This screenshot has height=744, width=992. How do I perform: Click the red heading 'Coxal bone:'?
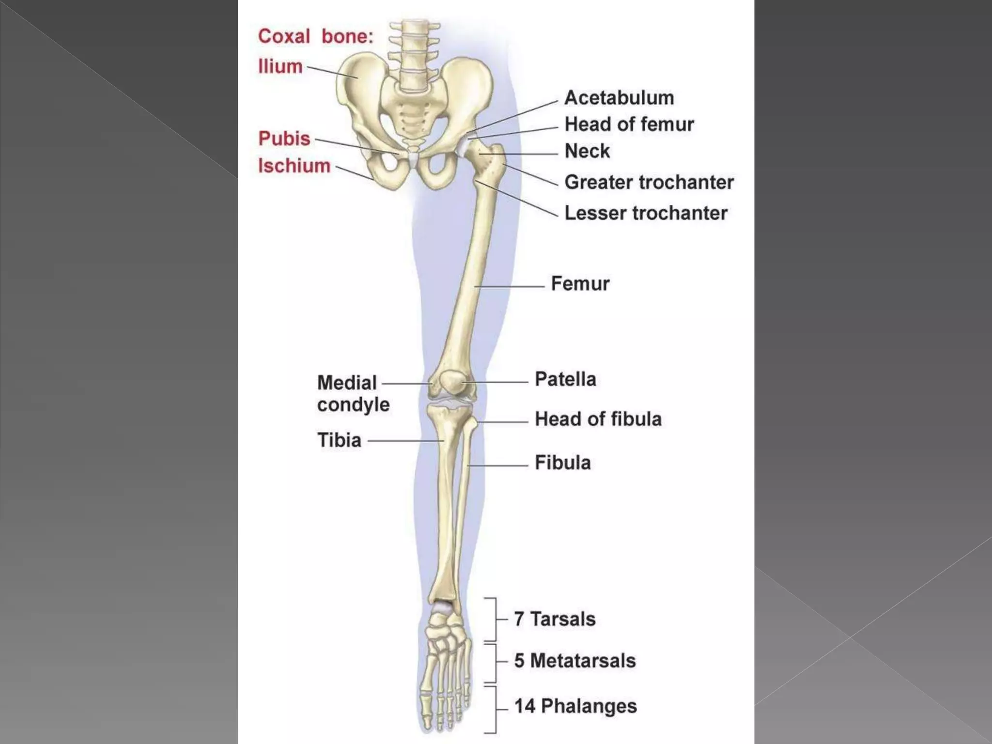[x=316, y=36]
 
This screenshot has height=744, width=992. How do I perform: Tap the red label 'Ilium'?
[x=280, y=66]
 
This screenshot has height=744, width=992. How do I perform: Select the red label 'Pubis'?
[x=284, y=139]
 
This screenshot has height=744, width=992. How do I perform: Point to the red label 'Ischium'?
[x=294, y=166]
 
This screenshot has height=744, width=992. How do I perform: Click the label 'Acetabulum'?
[x=619, y=98]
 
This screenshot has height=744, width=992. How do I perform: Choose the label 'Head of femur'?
[x=629, y=124]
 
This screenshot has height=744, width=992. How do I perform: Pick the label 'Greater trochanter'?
[x=649, y=182]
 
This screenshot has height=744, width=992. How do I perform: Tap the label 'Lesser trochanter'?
[x=646, y=213]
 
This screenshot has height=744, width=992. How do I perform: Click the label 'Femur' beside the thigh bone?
[x=580, y=283]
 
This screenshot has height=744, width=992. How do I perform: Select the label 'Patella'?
[x=565, y=379]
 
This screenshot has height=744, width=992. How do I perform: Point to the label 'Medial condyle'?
[x=353, y=393]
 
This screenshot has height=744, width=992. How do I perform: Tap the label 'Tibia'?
[x=339, y=440]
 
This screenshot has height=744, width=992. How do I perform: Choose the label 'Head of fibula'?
[x=598, y=419]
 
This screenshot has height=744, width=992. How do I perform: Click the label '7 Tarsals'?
[x=555, y=619]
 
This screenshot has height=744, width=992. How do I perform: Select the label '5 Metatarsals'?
[x=574, y=661]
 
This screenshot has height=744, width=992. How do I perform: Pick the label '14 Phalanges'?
[x=575, y=706]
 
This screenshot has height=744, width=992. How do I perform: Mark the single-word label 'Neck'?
[x=587, y=151]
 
